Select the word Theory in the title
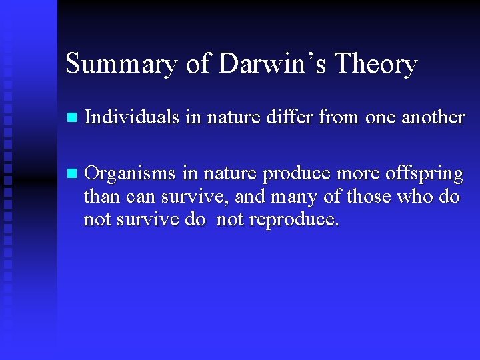[376, 65]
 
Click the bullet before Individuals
[73, 118]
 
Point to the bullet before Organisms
[73, 174]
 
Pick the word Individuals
[133, 117]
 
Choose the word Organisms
[132, 174]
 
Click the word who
[415, 197]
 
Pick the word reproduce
[294, 219]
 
